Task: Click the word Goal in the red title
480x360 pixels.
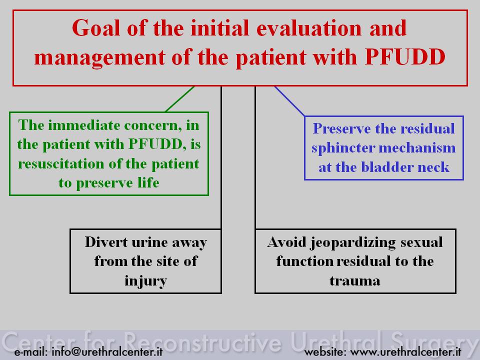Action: tap(95, 28)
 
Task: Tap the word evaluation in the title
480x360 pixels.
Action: tap(309, 28)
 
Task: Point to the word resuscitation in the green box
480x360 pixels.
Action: tap(61, 164)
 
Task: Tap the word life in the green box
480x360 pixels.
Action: tap(148, 183)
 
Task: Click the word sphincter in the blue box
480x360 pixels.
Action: tap(343, 148)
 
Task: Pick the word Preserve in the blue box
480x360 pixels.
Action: tap(341, 129)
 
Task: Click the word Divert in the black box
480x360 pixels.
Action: tap(106, 242)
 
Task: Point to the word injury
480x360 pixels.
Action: tap(145, 281)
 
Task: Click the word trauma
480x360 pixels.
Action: tap(355, 280)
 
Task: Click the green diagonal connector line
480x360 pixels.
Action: tap(180, 99)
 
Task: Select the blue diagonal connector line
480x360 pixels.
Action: tap(289, 101)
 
